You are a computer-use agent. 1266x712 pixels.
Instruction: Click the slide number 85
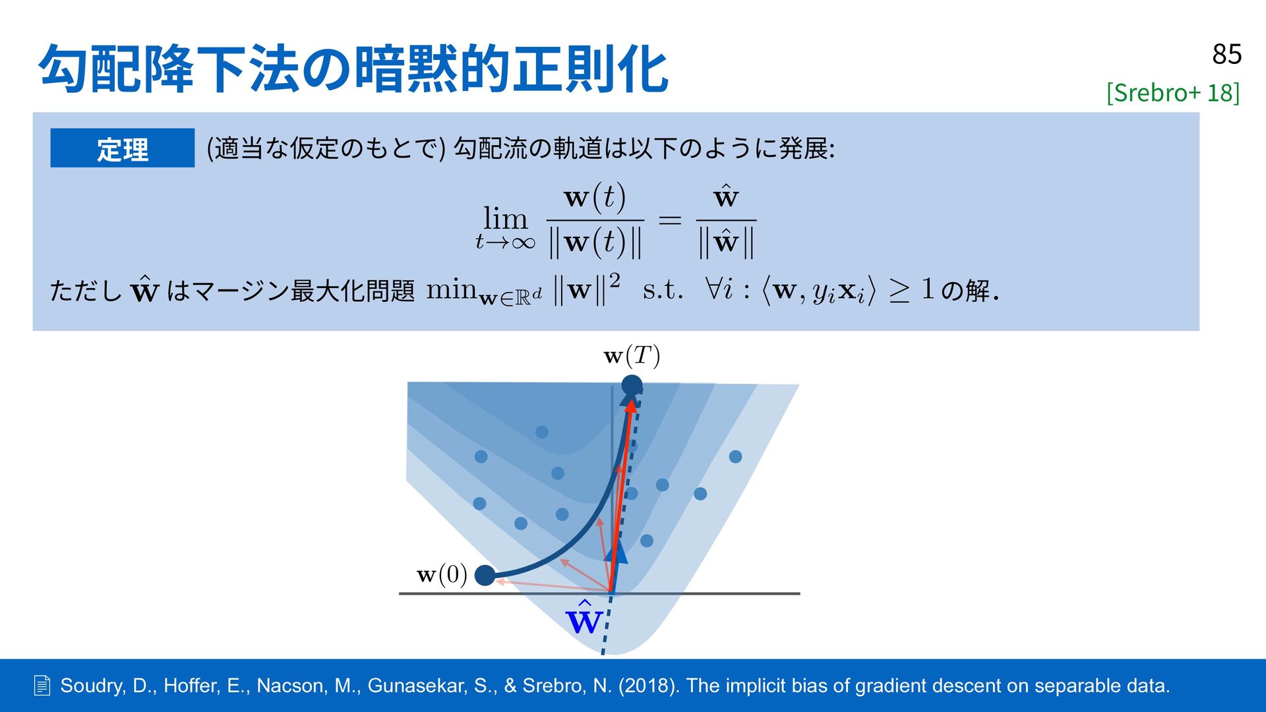[x=1226, y=54]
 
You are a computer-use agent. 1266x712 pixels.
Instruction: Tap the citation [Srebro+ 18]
[x=1173, y=92]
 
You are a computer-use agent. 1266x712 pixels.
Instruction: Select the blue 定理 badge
[x=123, y=148]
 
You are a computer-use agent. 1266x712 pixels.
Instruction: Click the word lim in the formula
[x=506, y=218]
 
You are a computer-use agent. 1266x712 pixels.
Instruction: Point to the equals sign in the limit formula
[x=669, y=220]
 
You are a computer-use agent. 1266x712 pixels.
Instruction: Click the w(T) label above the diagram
[x=632, y=356]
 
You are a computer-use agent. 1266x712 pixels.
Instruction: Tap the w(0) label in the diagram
[x=442, y=574]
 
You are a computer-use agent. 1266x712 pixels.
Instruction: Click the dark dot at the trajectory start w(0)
[x=485, y=575]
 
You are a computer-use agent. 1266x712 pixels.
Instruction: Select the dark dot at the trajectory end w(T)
[x=632, y=385]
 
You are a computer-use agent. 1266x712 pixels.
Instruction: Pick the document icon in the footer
[x=42, y=686]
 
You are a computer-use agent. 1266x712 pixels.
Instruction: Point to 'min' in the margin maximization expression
[x=452, y=288]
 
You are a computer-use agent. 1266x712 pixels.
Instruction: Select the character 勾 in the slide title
[x=63, y=69]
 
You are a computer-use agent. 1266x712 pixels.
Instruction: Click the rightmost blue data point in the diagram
[x=736, y=456]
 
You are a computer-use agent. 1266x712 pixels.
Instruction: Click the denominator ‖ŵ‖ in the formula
[x=726, y=243]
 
